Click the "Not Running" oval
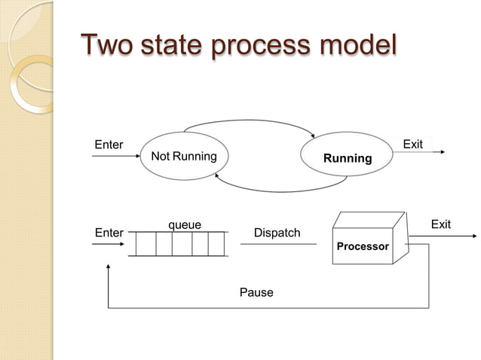[183, 157]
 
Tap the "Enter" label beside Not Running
[108, 144]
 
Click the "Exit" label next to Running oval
[413, 143]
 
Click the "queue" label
[184, 224]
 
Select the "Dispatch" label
[277, 233]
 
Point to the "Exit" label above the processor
[440, 224]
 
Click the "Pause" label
[256, 292]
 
